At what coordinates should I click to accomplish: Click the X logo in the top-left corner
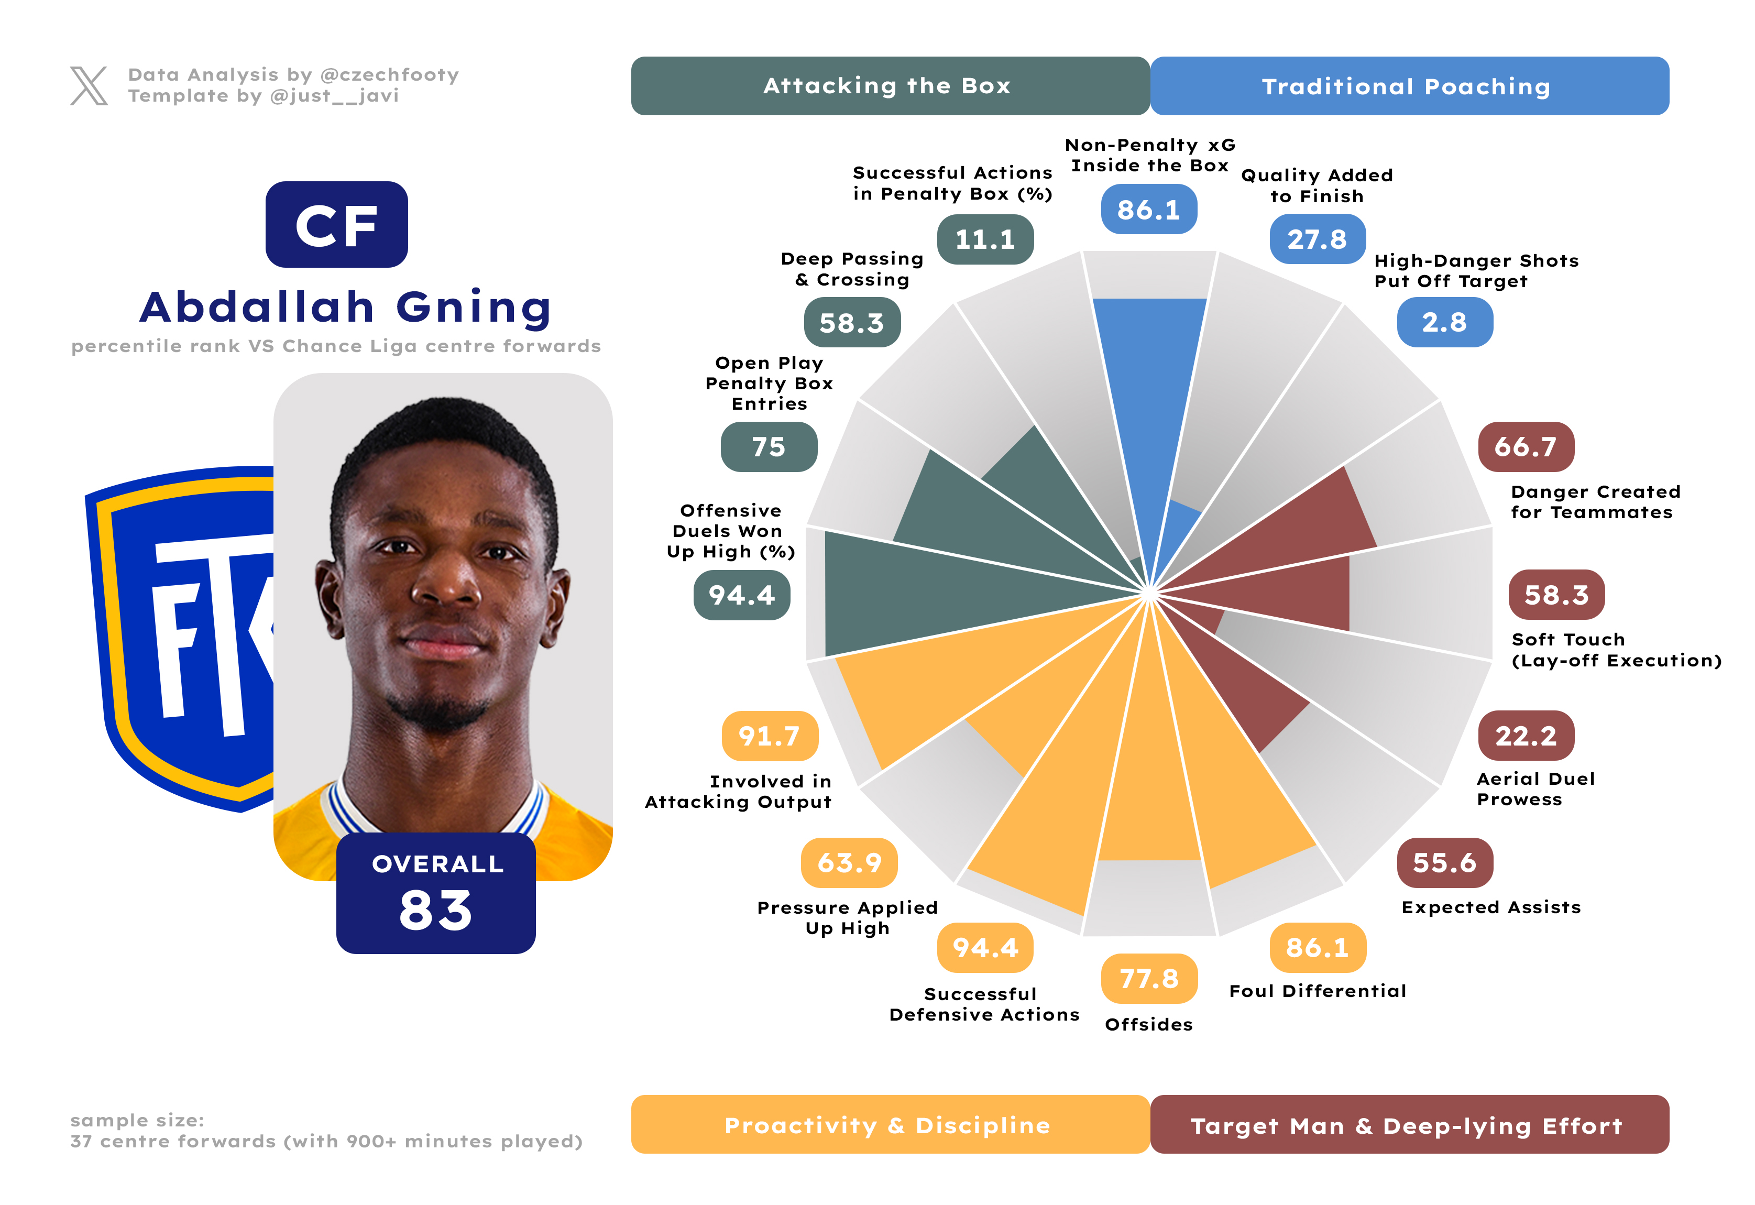(89, 85)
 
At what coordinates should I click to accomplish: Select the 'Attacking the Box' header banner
(890, 86)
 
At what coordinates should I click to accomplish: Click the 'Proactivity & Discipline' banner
(890, 1124)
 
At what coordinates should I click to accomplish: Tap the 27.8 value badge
(1317, 239)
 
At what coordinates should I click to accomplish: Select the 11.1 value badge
(985, 239)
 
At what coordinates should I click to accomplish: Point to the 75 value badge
(769, 447)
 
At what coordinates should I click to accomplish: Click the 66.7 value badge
(1526, 447)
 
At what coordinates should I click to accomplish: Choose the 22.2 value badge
(1526, 736)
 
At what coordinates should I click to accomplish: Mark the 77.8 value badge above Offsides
(1148, 979)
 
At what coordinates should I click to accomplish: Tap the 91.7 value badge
(769, 736)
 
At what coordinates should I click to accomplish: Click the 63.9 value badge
(849, 862)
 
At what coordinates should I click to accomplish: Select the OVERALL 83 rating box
(436, 893)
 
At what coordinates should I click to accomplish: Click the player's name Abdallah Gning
(346, 308)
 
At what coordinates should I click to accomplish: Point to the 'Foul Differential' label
(1318, 991)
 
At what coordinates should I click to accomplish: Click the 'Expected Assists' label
(1490, 907)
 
